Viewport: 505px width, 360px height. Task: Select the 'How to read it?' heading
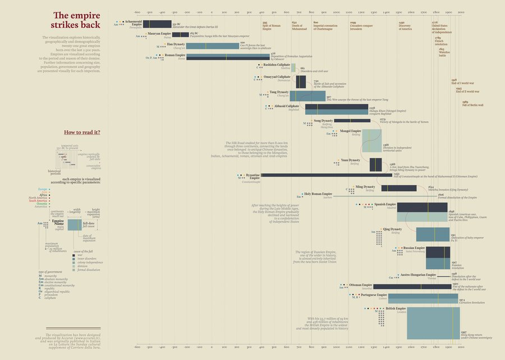tap(82, 132)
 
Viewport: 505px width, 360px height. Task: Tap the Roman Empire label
tap(175, 56)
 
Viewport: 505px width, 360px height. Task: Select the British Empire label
tap(396, 308)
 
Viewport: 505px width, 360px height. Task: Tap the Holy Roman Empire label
tap(319, 194)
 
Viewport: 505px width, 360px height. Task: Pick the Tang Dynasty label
tap(279, 91)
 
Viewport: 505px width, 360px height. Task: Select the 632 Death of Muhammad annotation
tap(298, 26)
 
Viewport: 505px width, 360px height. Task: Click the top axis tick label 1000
tap(336, 12)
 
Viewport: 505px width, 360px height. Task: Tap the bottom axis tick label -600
tap(137, 348)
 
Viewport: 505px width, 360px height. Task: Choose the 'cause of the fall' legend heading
tap(84, 251)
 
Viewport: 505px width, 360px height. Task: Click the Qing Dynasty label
tap(392, 229)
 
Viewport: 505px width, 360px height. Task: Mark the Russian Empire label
tap(414, 247)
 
